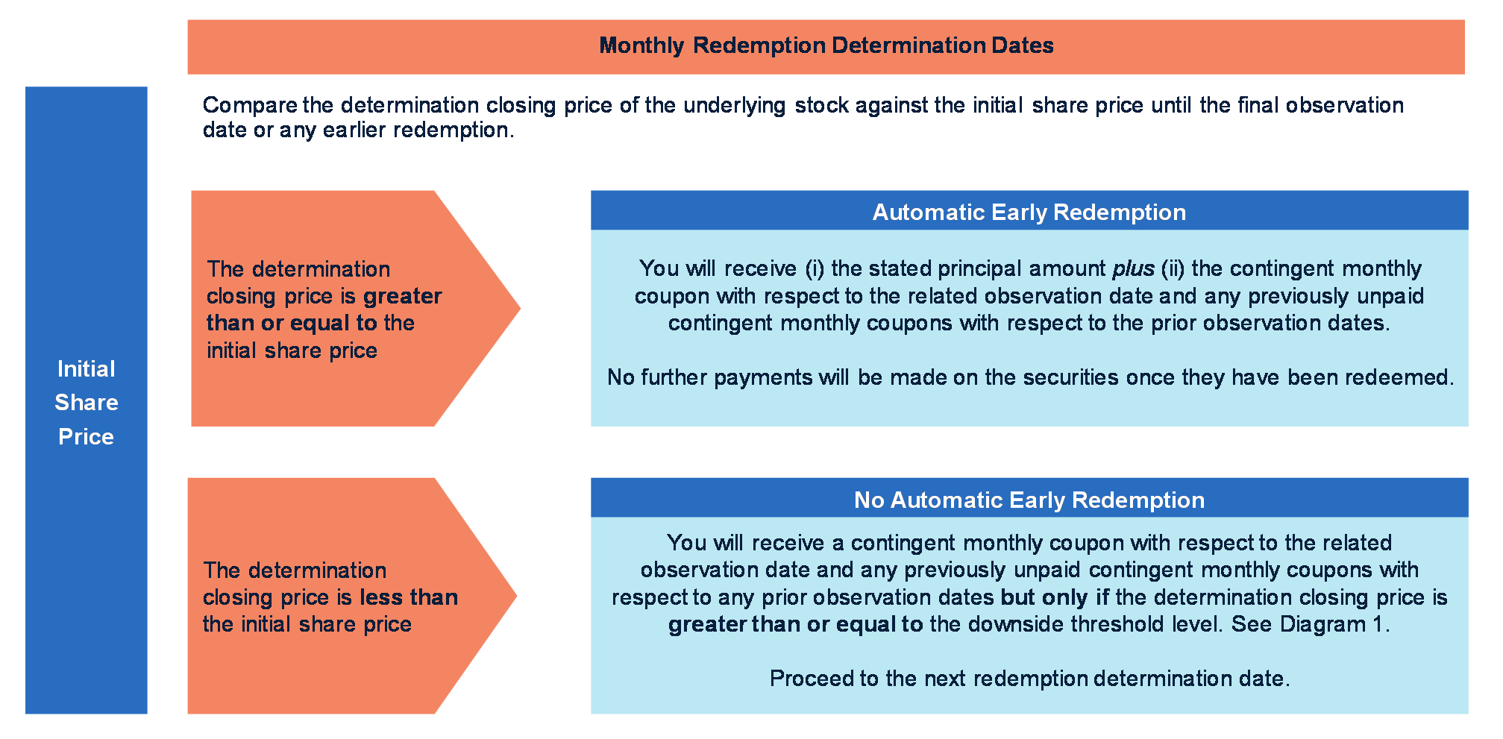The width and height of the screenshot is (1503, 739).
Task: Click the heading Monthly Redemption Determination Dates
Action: click(826, 45)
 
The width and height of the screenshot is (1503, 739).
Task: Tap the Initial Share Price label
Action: click(87, 403)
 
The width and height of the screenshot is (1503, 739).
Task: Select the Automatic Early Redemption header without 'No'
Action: click(1029, 213)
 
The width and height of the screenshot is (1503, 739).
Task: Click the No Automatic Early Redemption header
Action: click(1029, 500)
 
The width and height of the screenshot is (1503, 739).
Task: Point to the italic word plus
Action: click(1134, 268)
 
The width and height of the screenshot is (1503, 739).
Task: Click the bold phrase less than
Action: click(409, 597)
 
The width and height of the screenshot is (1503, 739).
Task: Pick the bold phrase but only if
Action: click(1055, 597)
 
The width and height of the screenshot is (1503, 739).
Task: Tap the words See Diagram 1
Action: click(1311, 624)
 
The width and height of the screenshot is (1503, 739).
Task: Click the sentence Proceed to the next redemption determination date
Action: click(1029, 679)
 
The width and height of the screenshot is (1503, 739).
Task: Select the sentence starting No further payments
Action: click(1030, 377)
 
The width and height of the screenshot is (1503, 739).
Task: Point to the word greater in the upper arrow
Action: click(403, 297)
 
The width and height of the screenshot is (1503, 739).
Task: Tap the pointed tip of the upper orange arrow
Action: click(520, 308)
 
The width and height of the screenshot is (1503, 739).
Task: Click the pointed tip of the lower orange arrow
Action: click(516, 596)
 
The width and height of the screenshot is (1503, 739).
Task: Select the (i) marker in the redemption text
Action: click(815, 268)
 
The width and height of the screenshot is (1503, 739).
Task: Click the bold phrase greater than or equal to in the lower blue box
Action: click(795, 624)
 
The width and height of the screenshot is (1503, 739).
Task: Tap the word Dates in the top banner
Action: click(1023, 45)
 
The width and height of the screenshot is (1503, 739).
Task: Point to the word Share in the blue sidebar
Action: click(87, 403)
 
